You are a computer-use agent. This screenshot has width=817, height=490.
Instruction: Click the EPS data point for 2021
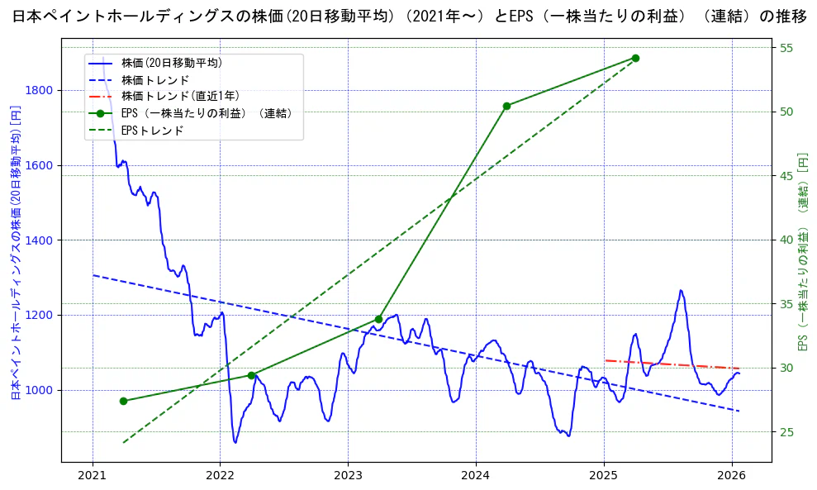pos(123,401)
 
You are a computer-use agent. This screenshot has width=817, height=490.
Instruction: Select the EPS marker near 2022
pos(251,375)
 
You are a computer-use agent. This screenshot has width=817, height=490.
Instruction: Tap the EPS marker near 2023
pos(378,319)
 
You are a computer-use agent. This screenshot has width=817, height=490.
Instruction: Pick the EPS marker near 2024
pos(506,106)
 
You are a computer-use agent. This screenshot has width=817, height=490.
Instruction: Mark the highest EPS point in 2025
pos(635,58)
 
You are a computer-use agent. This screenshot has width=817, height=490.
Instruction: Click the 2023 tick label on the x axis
pos(348,477)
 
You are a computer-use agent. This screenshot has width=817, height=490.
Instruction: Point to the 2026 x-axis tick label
pos(732,477)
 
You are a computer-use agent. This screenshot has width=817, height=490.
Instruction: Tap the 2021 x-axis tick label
pos(93,477)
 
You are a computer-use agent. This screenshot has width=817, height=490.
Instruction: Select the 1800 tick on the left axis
pos(40,90)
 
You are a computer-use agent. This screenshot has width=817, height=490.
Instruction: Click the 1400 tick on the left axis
pos(40,240)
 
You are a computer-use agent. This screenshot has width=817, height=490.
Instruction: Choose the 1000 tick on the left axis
pos(40,390)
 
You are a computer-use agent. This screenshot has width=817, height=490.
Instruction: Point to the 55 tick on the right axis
pos(786,48)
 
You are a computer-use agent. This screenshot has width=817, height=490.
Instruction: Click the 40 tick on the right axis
pos(786,240)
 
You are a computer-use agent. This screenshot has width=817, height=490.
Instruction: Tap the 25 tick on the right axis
pos(786,431)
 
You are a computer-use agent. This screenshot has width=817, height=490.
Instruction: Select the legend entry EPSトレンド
pos(152,131)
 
